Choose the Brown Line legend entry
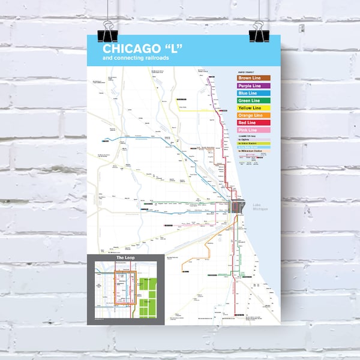(x=254, y=78)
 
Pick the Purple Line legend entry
(x=254, y=86)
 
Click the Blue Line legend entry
(x=254, y=94)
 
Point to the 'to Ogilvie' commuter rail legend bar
(x=254, y=139)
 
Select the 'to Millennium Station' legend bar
(x=254, y=151)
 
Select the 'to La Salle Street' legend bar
(x=254, y=148)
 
